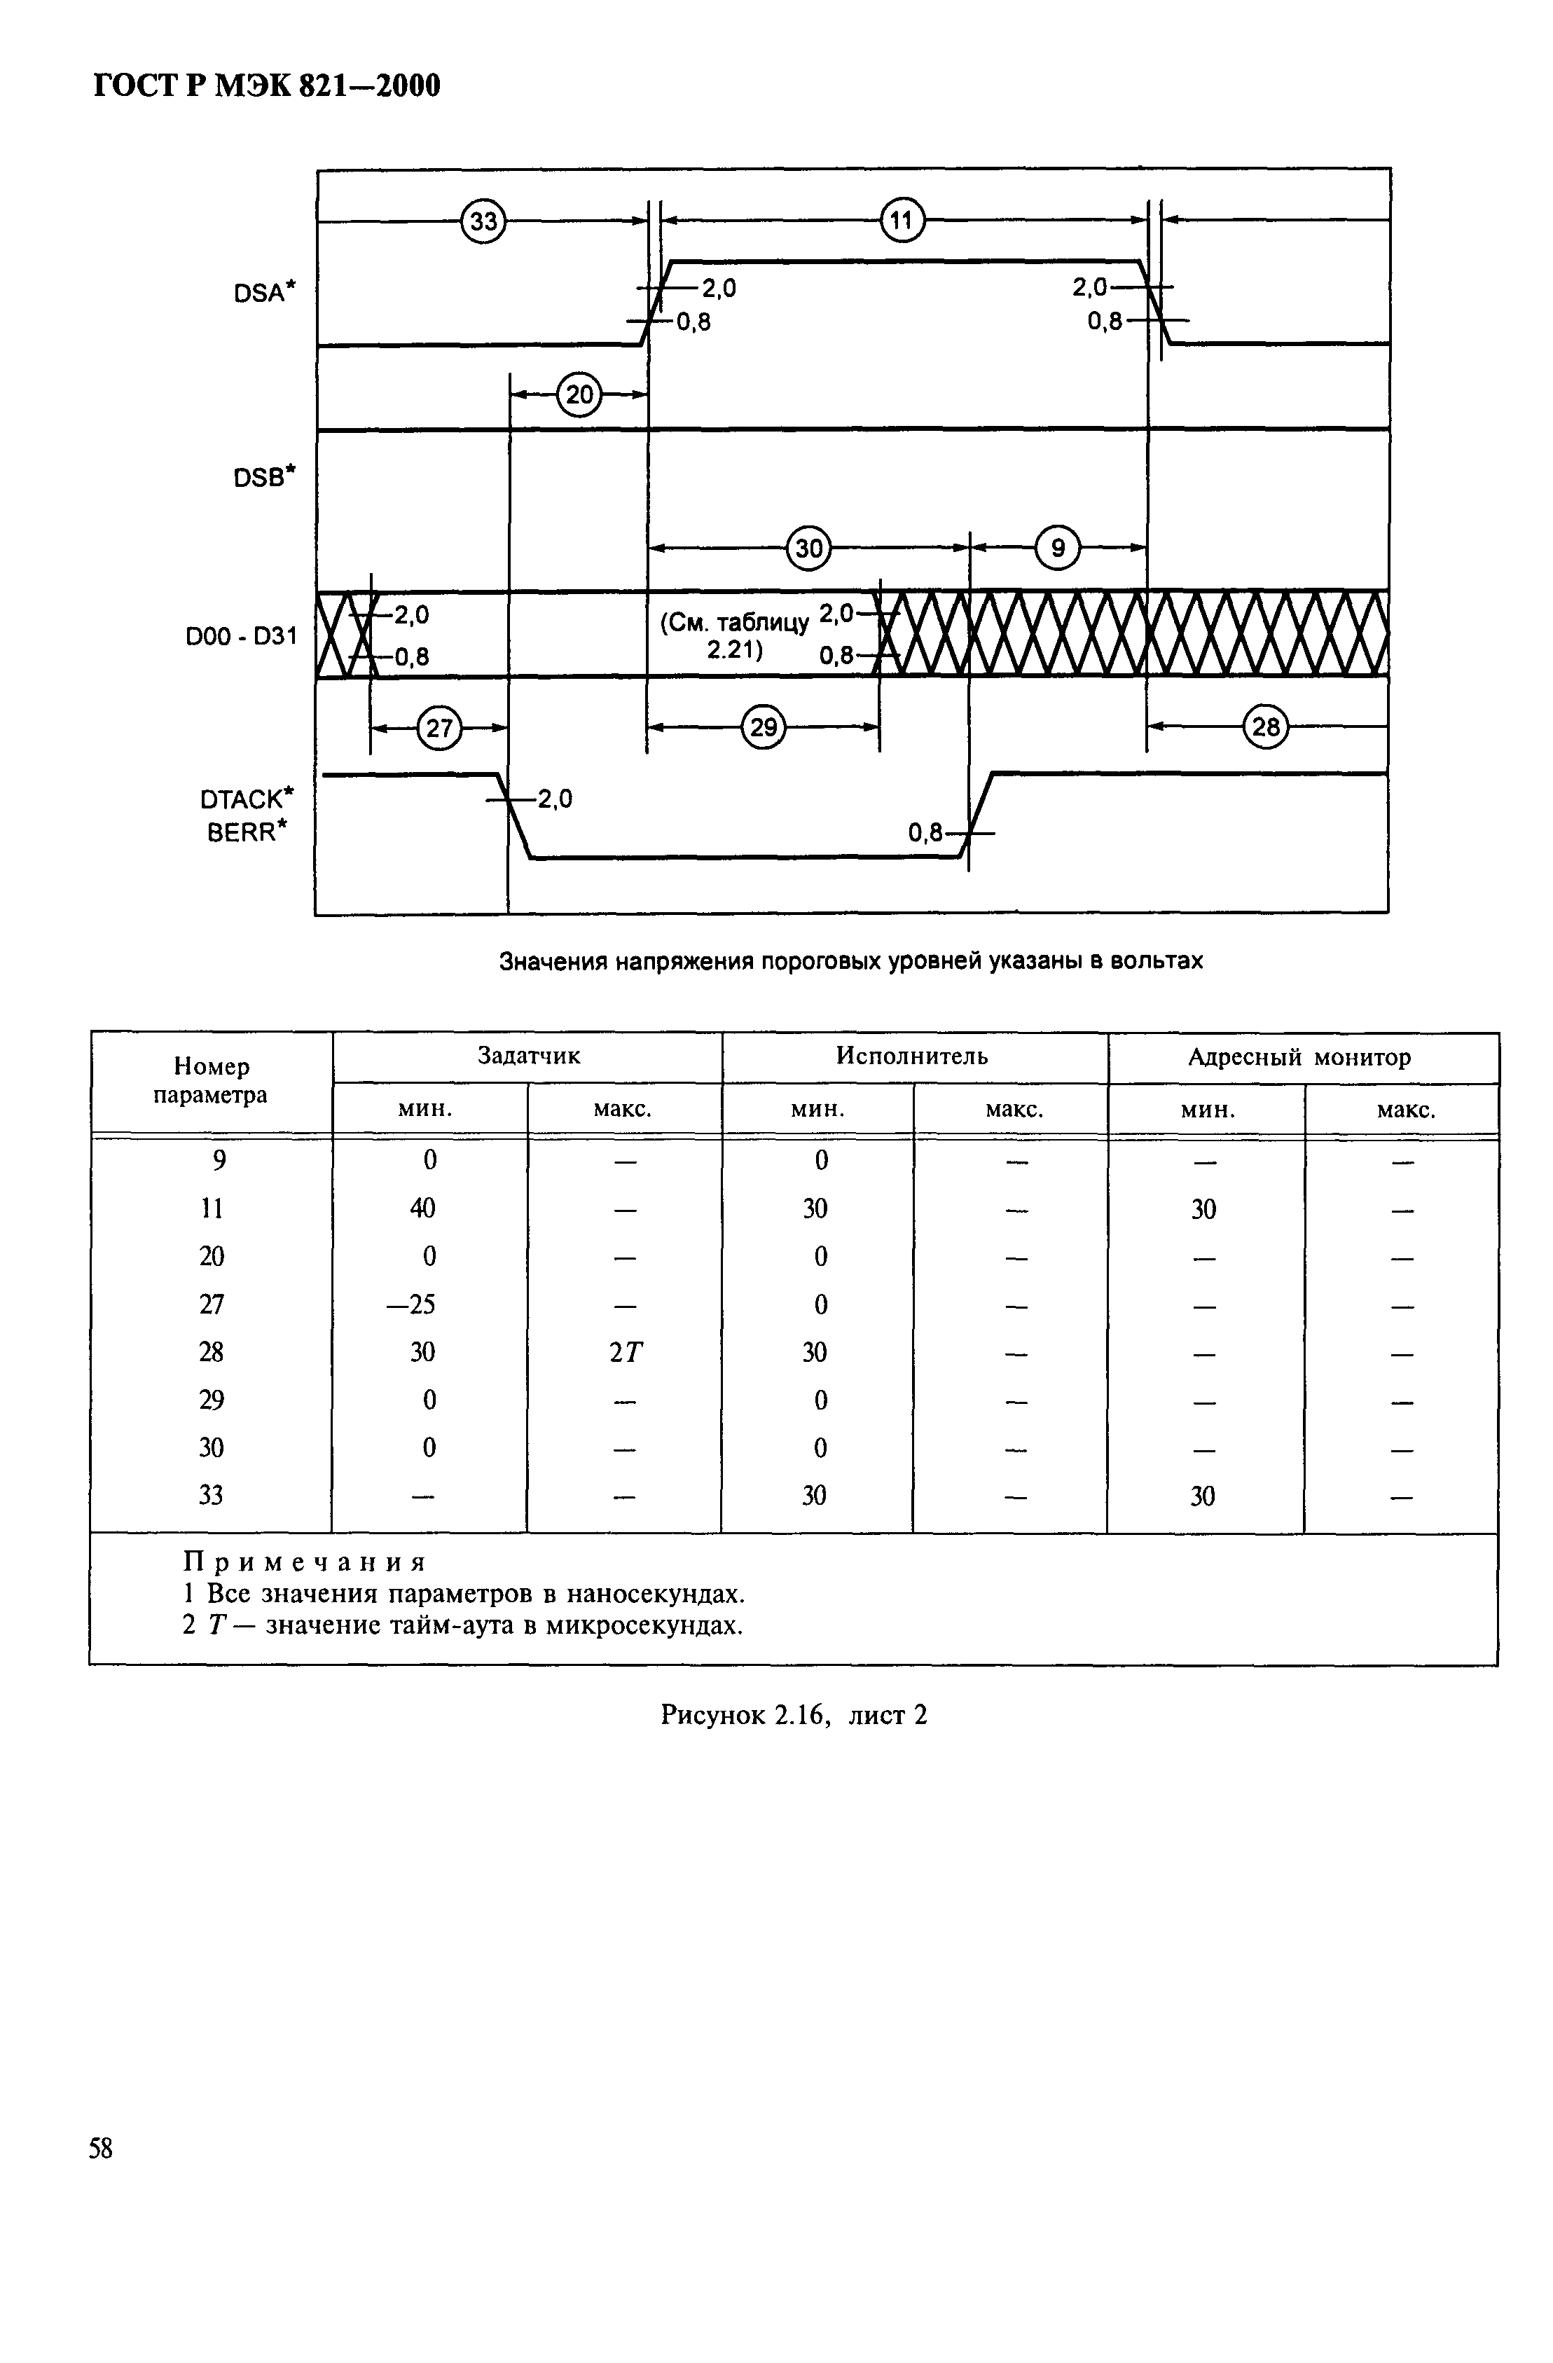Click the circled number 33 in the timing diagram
point(483,221)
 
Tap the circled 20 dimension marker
point(579,395)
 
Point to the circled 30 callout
point(809,547)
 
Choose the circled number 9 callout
point(1058,547)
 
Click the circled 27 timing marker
point(439,729)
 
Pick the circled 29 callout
point(763,729)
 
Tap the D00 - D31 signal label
point(241,635)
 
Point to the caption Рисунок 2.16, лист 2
point(794,1715)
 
